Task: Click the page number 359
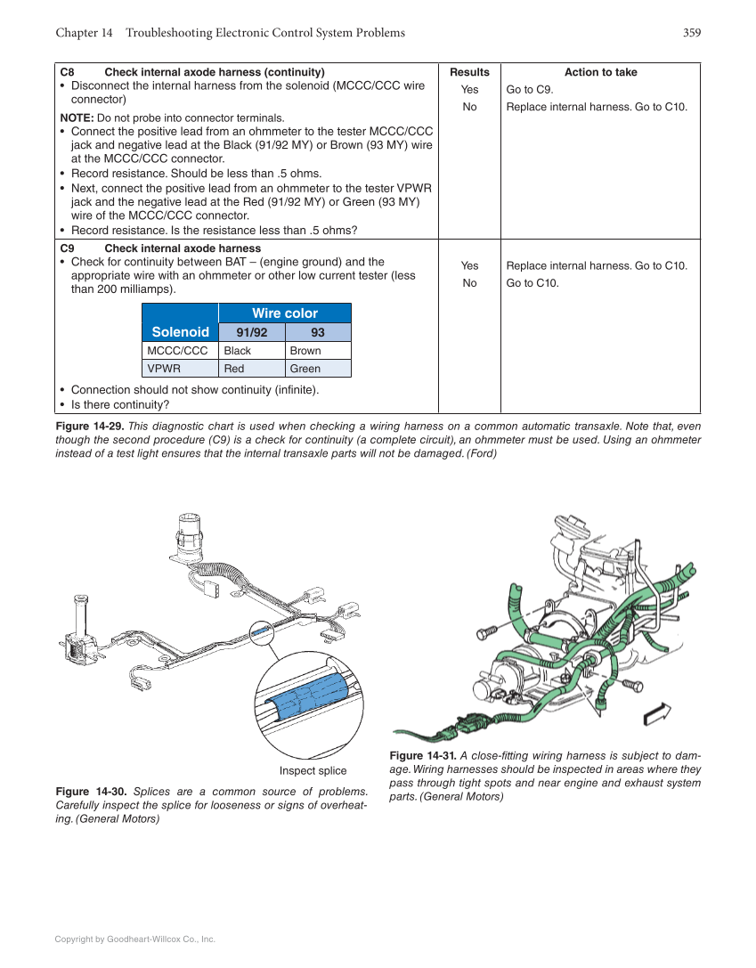click(x=691, y=33)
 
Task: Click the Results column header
click(x=469, y=72)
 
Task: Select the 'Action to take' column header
click(x=600, y=72)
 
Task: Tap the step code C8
click(x=67, y=72)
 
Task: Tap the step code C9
click(x=67, y=248)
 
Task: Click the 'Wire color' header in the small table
click(x=284, y=313)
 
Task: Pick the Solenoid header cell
click(x=180, y=332)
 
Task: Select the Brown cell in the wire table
click(x=305, y=351)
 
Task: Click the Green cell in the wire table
click(x=305, y=369)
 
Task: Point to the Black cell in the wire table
click(x=238, y=351)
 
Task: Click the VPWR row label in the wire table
click(x=165, y=369)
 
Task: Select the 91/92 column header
click(x=251, y=333)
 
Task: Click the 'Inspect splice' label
click(x=313, y=770)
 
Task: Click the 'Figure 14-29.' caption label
click(x=93, y=427)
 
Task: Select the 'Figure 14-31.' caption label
click(x=423, y=756)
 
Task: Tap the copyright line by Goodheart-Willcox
click(x=135, y=939)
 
